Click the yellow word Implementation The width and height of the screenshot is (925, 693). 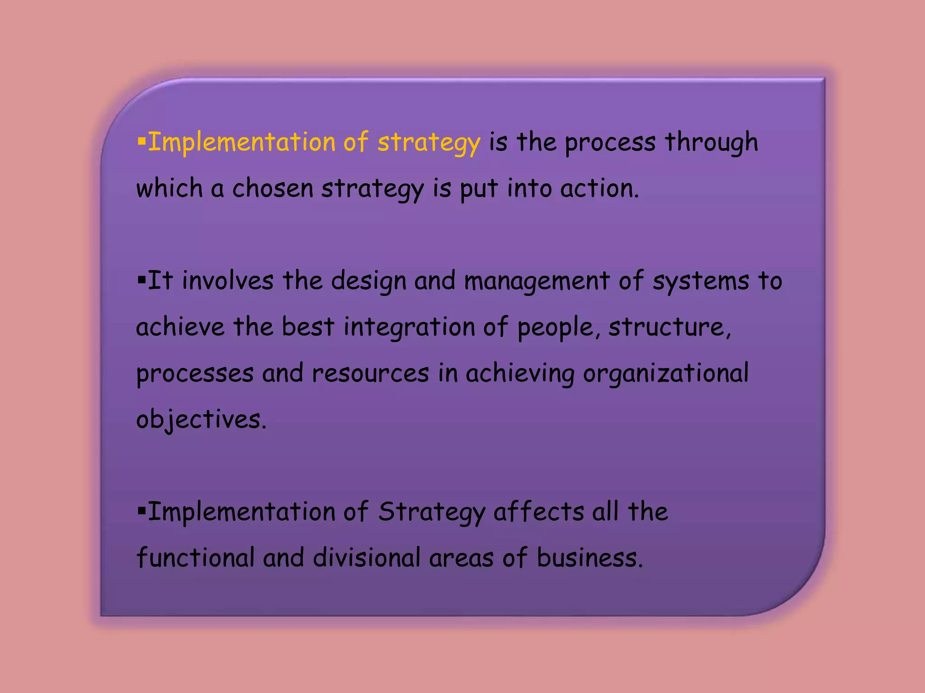(x=242, y=142)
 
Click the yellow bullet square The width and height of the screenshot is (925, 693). (x=142, y=142)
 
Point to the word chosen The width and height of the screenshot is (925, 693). (x=272, y=188)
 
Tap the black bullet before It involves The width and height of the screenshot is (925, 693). (x=142, y=281)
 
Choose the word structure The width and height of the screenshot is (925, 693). (x=669, y=327)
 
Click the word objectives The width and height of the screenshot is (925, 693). (x=201, y=420)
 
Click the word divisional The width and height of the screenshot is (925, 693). (x=366, y=558)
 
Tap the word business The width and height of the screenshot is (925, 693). (x=589, y=558)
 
